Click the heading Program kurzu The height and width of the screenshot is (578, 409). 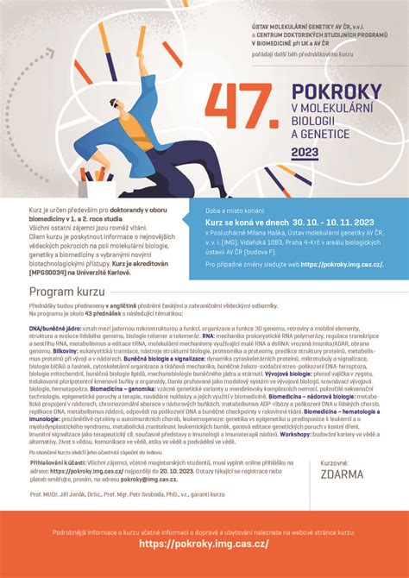click(x=64, y=294)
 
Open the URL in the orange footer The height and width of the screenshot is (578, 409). click(x=204, y=544)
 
